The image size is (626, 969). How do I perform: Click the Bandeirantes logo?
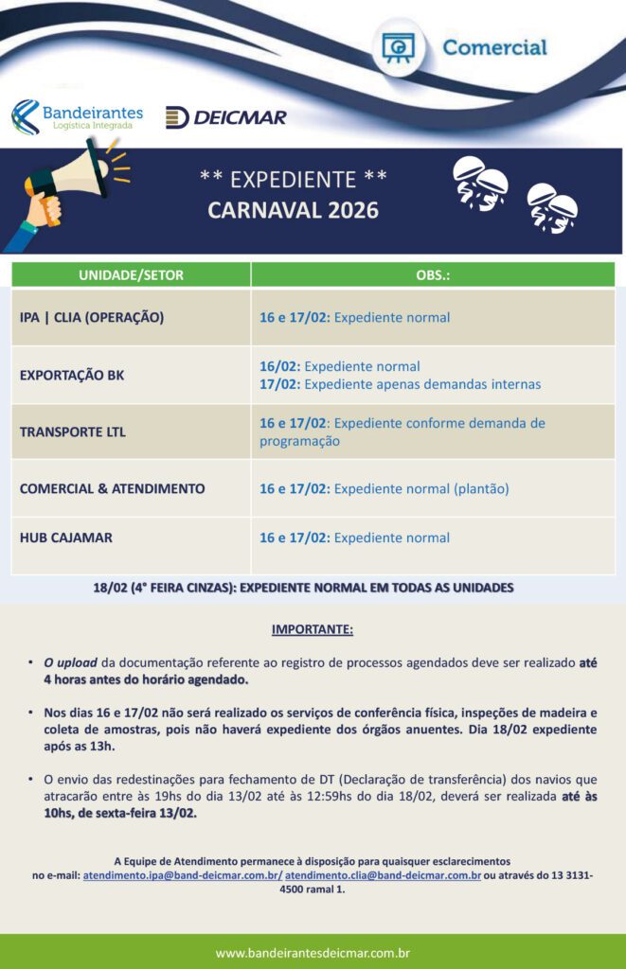click(77, 116)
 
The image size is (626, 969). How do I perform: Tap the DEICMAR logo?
click(225, 117)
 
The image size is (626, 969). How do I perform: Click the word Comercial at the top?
click(494, 47)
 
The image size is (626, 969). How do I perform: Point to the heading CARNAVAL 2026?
click(293, 210)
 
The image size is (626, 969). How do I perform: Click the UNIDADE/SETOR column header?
click(132, 275)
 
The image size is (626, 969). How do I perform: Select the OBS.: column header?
click(433, 275)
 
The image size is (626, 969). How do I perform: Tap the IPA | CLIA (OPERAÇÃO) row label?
click(92, 317)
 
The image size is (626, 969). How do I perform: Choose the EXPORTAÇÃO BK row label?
click(72, 375)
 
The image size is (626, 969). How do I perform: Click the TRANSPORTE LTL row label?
click(73, 432)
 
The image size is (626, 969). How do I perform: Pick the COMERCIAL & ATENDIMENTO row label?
click(113, 488)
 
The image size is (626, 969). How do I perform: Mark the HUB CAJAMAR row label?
click(66, 537)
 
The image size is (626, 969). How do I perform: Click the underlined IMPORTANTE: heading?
click(313, 629)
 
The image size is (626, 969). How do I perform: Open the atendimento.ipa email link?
click(182, 876)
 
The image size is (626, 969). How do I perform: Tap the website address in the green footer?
click(313, 952)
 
